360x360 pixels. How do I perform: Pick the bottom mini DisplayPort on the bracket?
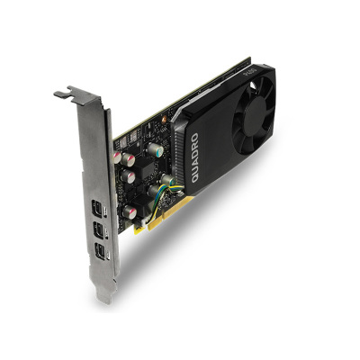98,248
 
